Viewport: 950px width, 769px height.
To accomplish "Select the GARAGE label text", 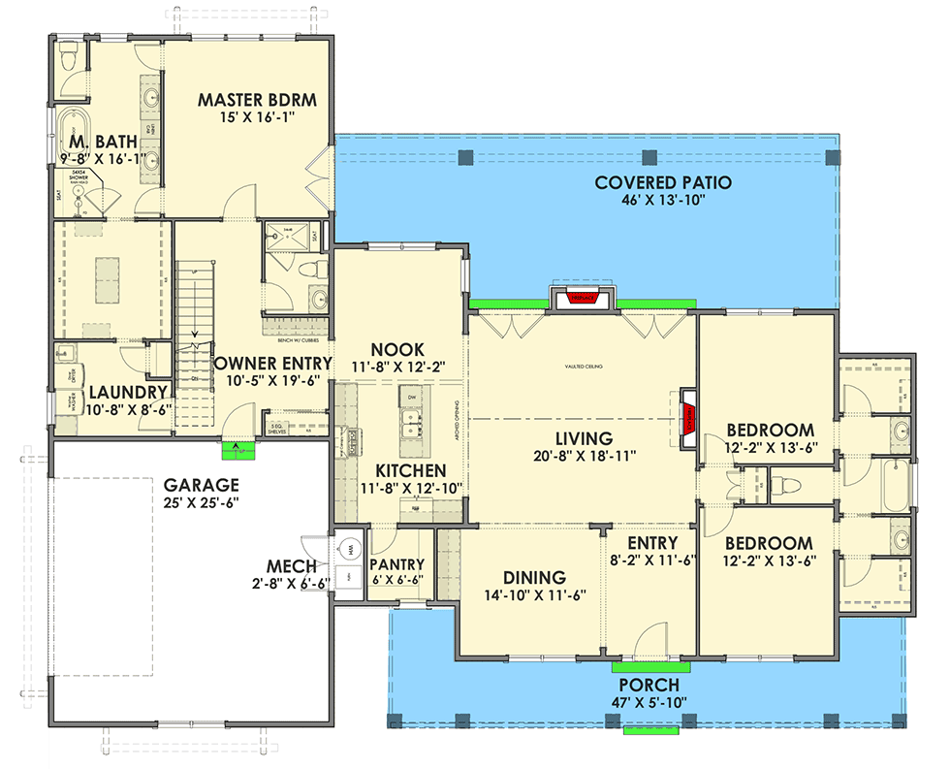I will [201, 484].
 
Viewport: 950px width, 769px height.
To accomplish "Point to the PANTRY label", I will [397, 564].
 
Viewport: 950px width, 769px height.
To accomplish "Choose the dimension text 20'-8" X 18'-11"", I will [584, 456].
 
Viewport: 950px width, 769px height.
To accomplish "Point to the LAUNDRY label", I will [130, 393].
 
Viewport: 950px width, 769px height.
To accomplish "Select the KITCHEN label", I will [390, 470].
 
